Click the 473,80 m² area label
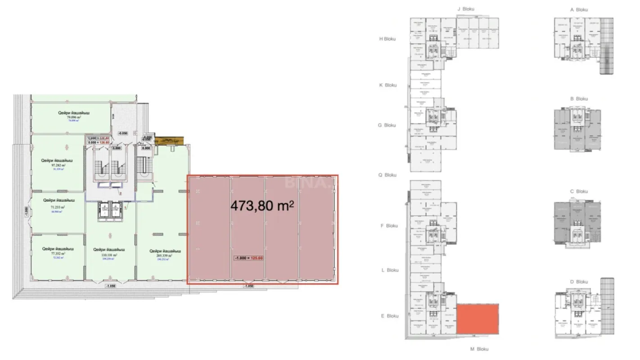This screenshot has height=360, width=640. pos(262,206)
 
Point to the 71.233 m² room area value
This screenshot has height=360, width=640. pos(57,207)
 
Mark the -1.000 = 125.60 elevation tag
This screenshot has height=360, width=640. pos(248,258)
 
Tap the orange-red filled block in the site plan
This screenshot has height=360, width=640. pos(477,319)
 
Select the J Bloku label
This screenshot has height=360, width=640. pos(465,9)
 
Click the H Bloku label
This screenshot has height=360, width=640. pos(387,39)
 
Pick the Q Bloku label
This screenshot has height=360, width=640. pos(387,175)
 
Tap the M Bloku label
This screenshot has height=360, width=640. pos(479,349)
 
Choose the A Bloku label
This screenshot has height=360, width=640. pos(579,9)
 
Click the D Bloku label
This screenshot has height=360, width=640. pos(579,282)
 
